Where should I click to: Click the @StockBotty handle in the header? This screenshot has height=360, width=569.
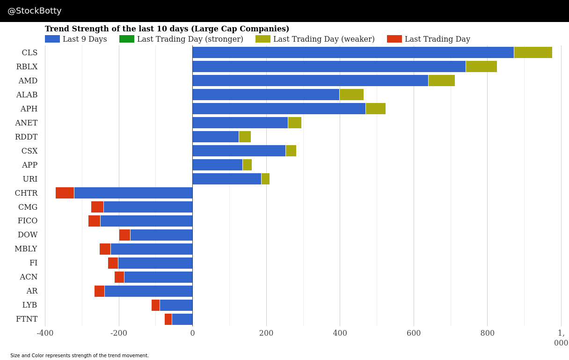35,11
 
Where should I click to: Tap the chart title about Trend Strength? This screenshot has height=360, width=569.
167,29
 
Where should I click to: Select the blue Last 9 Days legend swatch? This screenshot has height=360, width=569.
52,39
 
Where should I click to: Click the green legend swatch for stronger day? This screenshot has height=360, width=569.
127,39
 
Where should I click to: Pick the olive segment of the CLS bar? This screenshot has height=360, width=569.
533,52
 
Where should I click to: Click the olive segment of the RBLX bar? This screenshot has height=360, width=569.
481,66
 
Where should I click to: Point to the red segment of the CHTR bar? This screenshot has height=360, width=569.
65,193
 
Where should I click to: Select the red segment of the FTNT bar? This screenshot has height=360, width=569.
168,319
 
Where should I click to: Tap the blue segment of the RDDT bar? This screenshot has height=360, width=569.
216,137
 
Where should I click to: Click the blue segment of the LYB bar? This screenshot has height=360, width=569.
176,305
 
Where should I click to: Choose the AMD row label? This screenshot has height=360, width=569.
28,81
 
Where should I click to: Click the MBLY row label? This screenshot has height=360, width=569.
26,249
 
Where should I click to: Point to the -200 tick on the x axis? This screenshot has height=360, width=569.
119,333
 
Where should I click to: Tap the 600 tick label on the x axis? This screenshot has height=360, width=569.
414,333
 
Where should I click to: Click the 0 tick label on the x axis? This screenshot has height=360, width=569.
192,333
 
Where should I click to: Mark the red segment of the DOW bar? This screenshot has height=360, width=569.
124,235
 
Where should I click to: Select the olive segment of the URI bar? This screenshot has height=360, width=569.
265,179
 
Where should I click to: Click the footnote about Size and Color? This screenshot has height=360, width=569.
80,355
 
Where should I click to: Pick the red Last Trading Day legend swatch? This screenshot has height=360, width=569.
394,39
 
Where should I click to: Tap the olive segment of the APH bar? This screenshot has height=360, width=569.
376,109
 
